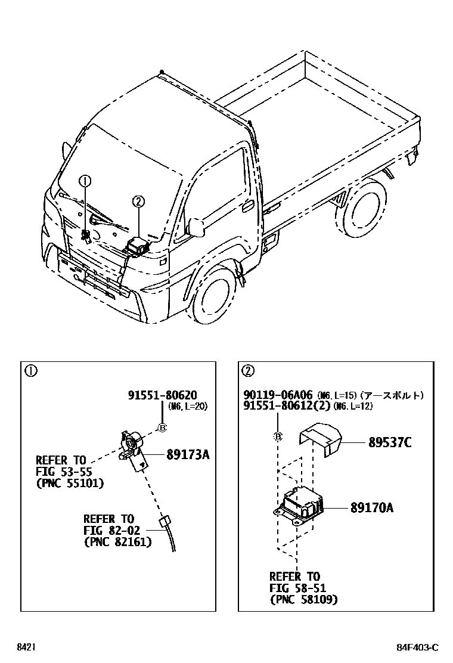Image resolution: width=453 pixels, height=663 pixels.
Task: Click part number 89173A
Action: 187,455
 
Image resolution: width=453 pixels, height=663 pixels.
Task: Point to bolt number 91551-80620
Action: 162,395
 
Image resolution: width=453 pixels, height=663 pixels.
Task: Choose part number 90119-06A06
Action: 277,395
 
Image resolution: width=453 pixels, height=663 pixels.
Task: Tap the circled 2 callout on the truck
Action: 138,202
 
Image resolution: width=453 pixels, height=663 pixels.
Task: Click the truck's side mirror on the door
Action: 196,227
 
